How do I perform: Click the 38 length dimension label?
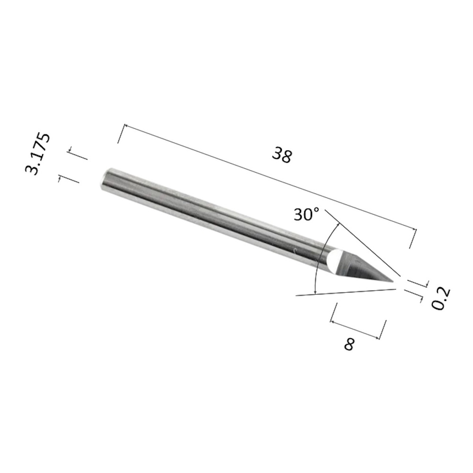coord(282,155)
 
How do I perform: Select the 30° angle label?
coord(307,214)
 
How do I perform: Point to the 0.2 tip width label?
coord(441,298)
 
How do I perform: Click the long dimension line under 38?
coord(270,177)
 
